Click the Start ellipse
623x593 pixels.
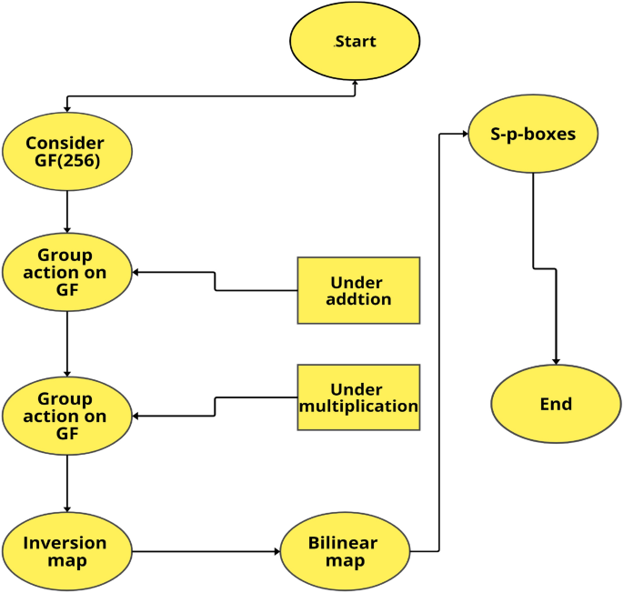coord(354,42)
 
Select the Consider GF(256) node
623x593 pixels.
coord(66,151)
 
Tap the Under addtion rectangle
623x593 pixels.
coord(358,290)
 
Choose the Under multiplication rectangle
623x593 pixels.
coord(358,397)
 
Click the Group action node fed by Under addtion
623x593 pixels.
coord(66,272)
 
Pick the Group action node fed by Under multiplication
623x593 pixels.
coord(66,416)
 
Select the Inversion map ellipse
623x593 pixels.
coord(66,551)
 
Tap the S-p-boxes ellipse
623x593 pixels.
coord(533,135)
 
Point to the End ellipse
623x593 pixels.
coord(556,404)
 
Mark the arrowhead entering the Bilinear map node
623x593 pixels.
coord(274,552)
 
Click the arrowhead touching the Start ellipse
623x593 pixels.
coord(354,84)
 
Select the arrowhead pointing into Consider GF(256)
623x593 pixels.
coord(66,108)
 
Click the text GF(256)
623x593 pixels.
coord(65,161)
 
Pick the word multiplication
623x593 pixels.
coord(358,407)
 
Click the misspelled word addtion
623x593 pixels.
coord(358,299)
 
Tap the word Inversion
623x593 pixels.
coord(65,543)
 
